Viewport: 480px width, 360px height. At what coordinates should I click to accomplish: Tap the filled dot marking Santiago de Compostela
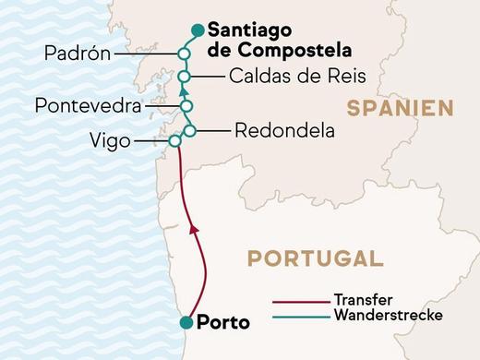pyautogui.click(x=196, y=30)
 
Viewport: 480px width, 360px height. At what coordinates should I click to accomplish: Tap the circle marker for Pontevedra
pyautogui.click(x=186, y=106)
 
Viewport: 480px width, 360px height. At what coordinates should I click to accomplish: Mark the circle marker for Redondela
pyautogui.click(x=189, y=131)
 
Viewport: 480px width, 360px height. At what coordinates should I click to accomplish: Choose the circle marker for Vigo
pyautogui.click(x=174, y=141)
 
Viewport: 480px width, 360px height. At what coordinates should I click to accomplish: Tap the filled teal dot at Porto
pyautogui.click(x=187, y=322)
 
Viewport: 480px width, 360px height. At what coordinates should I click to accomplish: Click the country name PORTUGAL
pyautogui.click(x=317, y=258)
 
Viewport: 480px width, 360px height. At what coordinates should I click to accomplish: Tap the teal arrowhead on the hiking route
pyautogui.click(x=183, y=91)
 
